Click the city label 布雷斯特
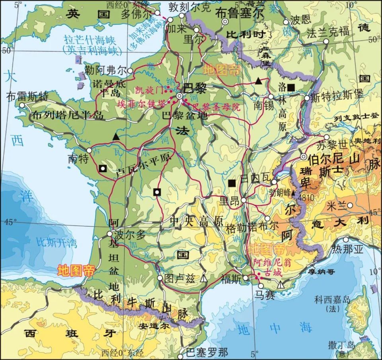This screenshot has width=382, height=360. (27, 96)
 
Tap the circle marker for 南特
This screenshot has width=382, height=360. (90, 150)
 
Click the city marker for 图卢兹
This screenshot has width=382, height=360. (160, 278)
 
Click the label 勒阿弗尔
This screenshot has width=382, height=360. (103, 70)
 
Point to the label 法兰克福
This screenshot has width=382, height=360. (328, 32)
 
